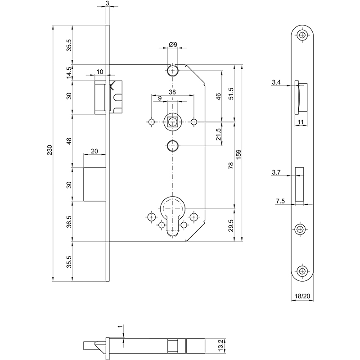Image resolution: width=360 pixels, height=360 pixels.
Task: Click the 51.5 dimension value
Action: point(231,93)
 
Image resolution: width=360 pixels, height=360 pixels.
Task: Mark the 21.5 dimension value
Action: point(219,134)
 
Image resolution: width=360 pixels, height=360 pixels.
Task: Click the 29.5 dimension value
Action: point(231,225)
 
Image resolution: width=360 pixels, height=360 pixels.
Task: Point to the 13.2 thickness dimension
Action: point(220,346)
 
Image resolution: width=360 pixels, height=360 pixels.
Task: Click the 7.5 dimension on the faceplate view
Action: point(279,201)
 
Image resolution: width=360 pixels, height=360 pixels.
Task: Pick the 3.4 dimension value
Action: point(277,82)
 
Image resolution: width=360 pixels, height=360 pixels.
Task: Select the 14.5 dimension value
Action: point(69,73)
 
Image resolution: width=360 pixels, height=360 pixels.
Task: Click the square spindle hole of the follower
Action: point(172,121)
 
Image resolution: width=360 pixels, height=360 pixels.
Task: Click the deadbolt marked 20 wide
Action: point(95,184)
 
